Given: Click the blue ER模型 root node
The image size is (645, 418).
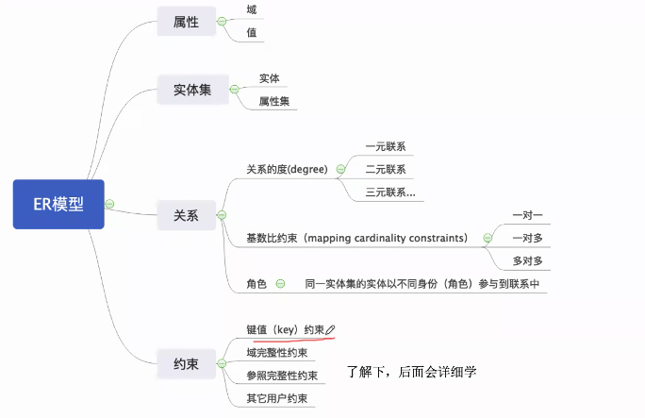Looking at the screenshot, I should (x=58, y=204).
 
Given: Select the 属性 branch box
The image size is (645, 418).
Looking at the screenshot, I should (x=186, y=21).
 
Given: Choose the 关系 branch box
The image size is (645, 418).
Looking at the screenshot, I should (x=186, y=215).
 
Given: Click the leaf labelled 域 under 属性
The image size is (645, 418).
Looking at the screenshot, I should (x=251, y=8).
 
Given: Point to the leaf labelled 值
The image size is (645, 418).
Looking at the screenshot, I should (x=251, y=32).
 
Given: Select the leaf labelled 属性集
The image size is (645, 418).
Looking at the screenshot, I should (x=275, y=101).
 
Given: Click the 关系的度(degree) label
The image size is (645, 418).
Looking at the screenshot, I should (x=287, y=170).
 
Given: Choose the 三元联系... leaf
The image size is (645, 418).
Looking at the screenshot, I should (x=389, y=192).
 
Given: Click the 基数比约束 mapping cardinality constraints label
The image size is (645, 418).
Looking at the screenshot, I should (x=356, y=239).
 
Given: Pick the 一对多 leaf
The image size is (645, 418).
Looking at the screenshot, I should (x=528, y=238).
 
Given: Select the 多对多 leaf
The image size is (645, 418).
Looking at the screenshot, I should (x=528, y=260).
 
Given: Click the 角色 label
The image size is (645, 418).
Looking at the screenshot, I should (x=256, y=283).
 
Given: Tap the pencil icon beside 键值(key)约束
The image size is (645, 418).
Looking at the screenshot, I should (x=330, y=329).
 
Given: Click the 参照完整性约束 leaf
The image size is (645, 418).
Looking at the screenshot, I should (x=281, y=376).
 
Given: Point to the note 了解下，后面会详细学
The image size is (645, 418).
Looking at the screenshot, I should (x=412, y=372).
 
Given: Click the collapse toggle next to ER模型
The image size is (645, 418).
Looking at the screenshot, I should (x=109, y=204).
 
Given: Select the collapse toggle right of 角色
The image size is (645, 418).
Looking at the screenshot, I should (x=279, y=283).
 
